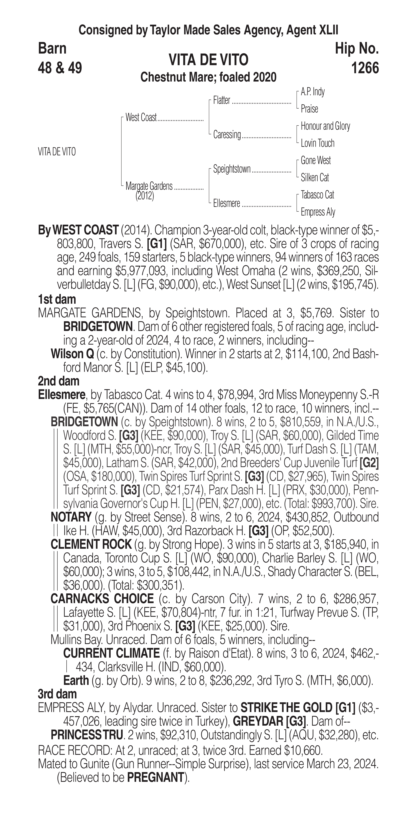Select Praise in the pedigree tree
point(309,109)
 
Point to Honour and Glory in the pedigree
point(325,126)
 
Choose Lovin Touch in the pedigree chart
point(317,143)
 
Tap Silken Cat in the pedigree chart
point(315,178)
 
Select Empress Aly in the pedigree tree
point(318,212)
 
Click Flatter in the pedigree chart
point(222,101)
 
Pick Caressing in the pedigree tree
point(227,135)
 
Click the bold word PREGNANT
point(155,778)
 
